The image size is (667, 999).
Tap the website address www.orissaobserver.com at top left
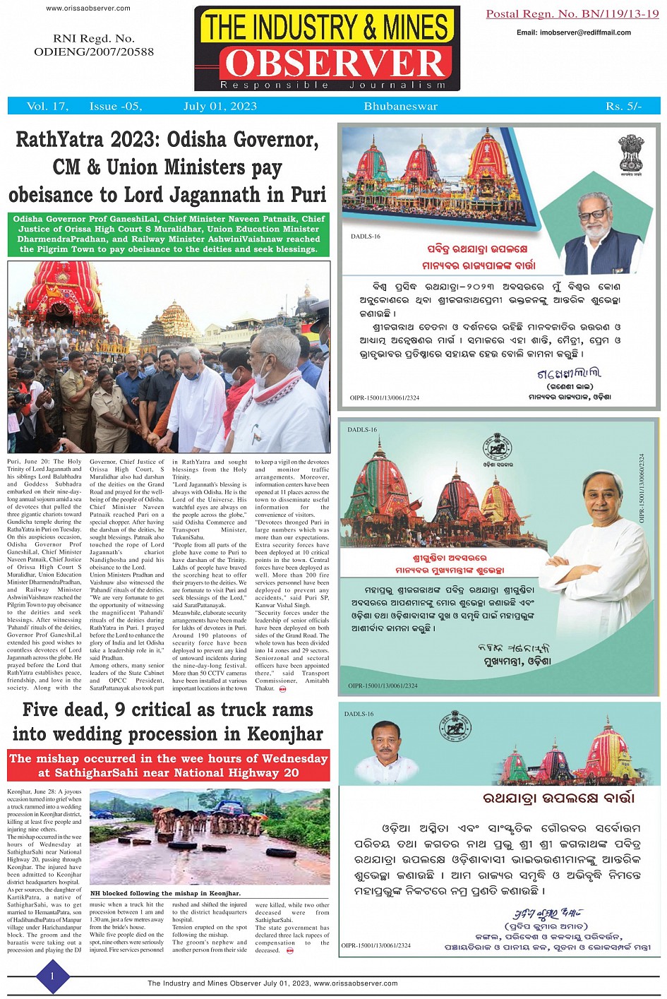pos(88,8)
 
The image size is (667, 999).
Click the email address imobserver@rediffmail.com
pos(574,32)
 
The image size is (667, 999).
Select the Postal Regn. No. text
pos(572,14)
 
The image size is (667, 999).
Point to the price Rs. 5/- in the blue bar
pos(623,107)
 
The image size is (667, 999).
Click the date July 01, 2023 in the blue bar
pos(220,107)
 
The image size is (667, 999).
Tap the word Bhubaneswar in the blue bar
pos(401,107)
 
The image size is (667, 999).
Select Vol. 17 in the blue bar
pos(47,107)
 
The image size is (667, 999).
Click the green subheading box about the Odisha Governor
pos(169,234)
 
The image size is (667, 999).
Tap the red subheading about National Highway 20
pos(169,765)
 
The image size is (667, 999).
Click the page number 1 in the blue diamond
pos(52,976)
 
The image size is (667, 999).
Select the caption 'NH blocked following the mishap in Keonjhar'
pos(165,893)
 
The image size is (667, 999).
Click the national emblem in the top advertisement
pos(630,153)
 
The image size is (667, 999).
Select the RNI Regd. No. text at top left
pos(94,44)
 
